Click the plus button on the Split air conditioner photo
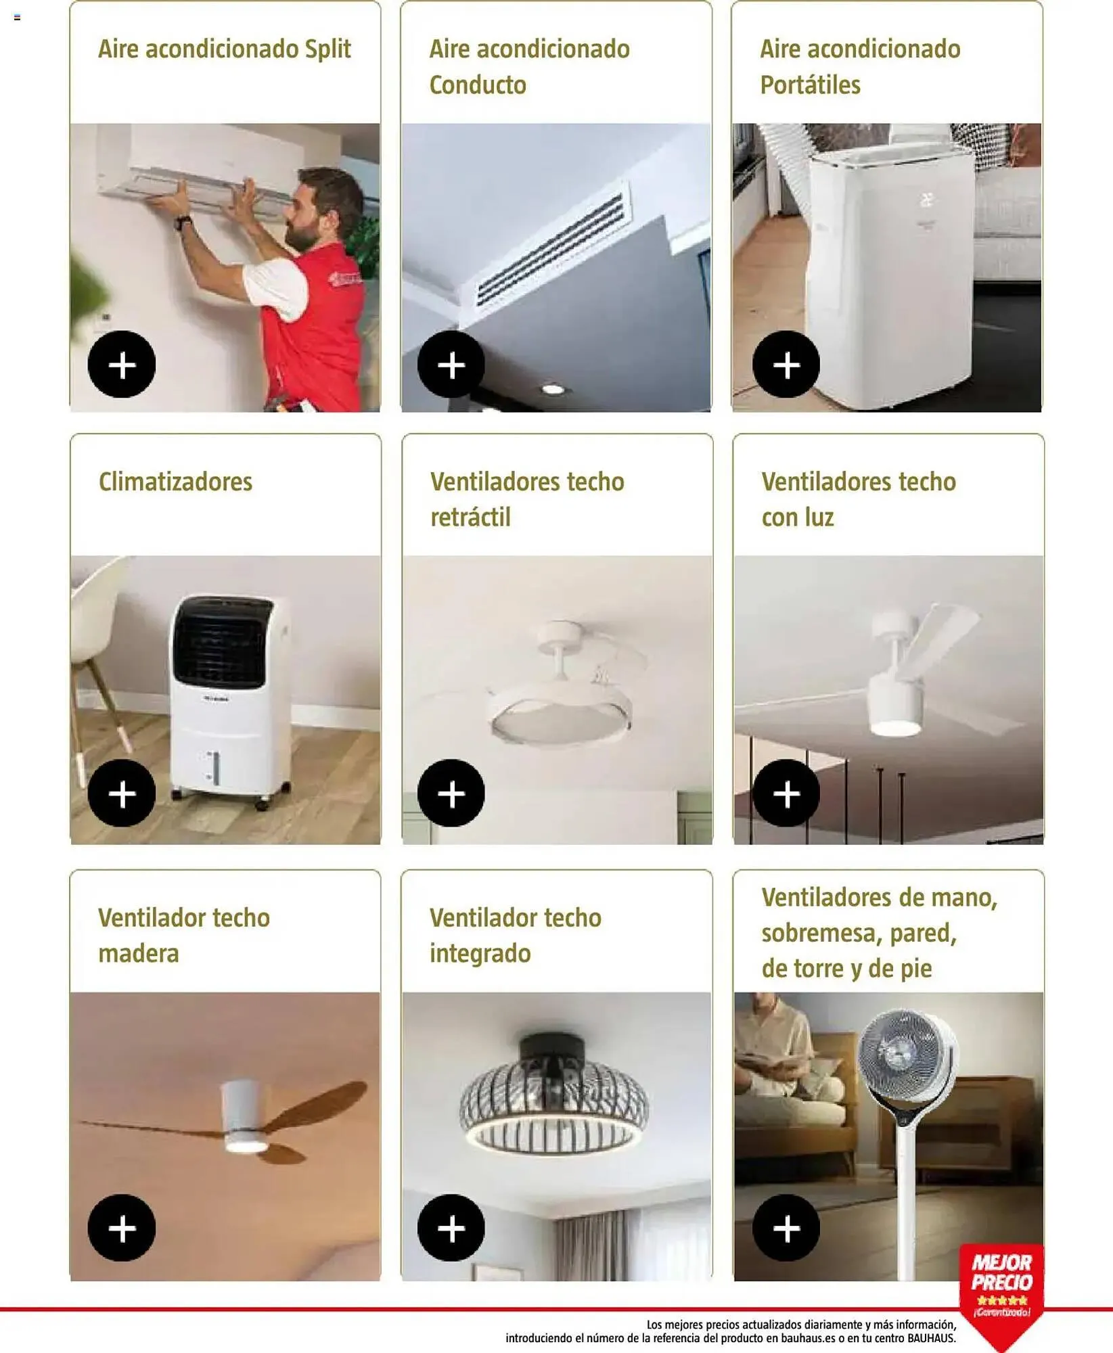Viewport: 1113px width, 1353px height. pos(122,365)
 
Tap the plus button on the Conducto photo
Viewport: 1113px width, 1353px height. pos(451,365)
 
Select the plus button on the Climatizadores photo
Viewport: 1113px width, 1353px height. pos(122,793)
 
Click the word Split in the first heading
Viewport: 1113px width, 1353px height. pos(327,49)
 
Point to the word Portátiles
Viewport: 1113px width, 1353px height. pos(811,85)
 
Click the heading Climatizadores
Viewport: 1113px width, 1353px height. pos(175,482)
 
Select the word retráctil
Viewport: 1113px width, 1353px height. pos(470,518)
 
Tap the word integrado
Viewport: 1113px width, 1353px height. pos(480,954)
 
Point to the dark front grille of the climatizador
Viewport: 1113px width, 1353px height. pos(221,643)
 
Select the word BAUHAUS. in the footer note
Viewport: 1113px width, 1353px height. pos(932,1338)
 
